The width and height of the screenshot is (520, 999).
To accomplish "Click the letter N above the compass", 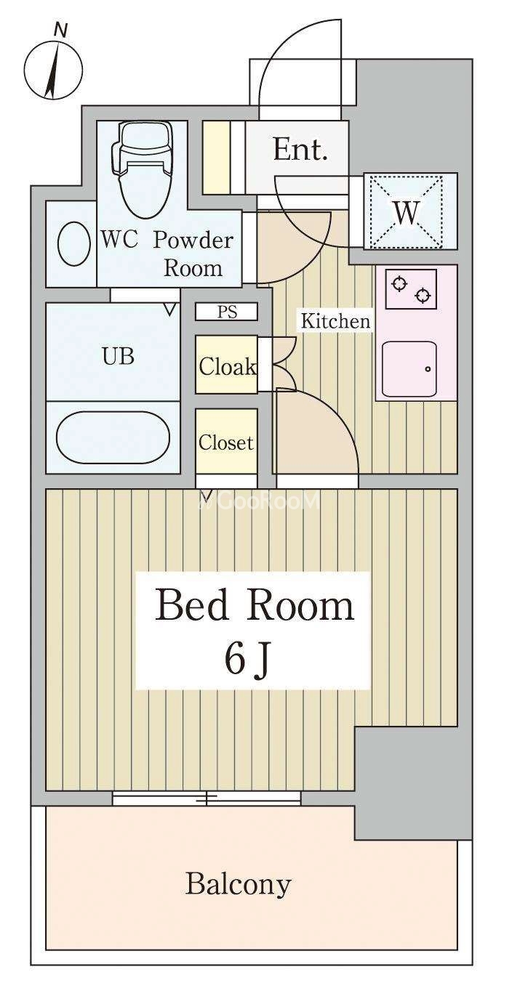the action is coord(60,31).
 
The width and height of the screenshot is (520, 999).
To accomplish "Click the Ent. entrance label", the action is coord(300,150).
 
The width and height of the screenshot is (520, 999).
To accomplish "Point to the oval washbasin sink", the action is coord(72,244).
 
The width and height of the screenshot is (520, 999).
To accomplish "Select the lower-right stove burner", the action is coord(422,295).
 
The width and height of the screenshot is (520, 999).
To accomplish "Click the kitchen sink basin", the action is coord(409,369).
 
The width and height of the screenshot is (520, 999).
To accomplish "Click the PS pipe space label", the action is coord(227,312).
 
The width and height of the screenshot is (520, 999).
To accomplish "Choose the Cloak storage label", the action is coord(228,367).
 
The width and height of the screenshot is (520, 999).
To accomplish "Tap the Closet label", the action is coord(226,442).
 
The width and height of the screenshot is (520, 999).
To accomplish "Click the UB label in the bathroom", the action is coord(119,357).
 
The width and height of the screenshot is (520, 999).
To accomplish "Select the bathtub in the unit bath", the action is coord(113,437).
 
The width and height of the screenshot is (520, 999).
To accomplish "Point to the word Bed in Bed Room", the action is coord(192,605).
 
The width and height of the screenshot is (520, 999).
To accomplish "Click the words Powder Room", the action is coord(193,254).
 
